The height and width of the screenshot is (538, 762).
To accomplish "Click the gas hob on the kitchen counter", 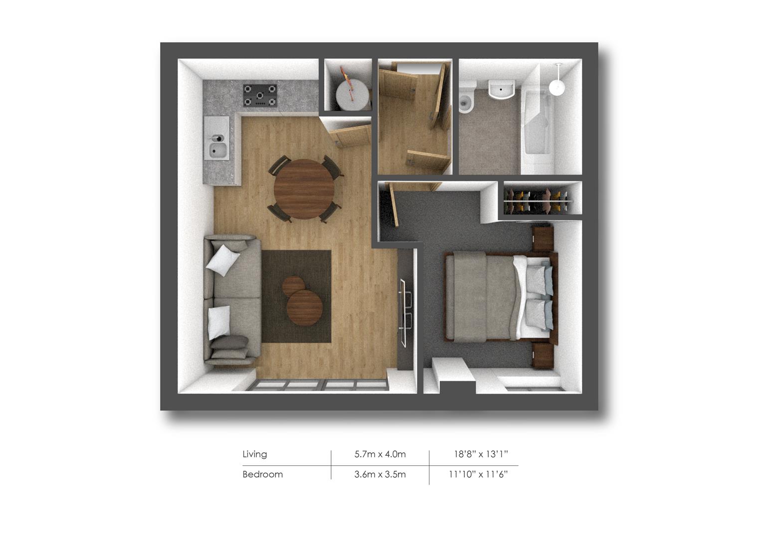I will [x=260, y=95].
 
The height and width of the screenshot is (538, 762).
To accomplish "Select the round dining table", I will [x=304, y=189].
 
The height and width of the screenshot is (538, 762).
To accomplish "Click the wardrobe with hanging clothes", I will [x=540, y=198].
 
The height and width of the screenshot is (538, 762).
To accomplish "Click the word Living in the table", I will [x=254, y=454].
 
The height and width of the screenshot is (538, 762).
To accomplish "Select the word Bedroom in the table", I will [x=262, y=474].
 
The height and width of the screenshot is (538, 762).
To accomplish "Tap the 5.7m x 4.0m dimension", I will [x=380, y=454].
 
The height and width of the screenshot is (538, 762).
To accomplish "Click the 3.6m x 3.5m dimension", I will [x=380, y=474].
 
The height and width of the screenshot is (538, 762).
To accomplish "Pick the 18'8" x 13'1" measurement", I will [x=480, y=454].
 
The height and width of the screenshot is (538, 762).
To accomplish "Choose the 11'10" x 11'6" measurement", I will [x=478, y=474].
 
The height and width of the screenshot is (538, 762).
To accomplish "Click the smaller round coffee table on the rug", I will [x=293, y=285].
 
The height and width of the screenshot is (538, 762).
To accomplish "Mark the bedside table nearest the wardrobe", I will [x=543, y=238].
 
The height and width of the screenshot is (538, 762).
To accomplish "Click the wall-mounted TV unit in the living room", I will [x=406, y=311].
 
